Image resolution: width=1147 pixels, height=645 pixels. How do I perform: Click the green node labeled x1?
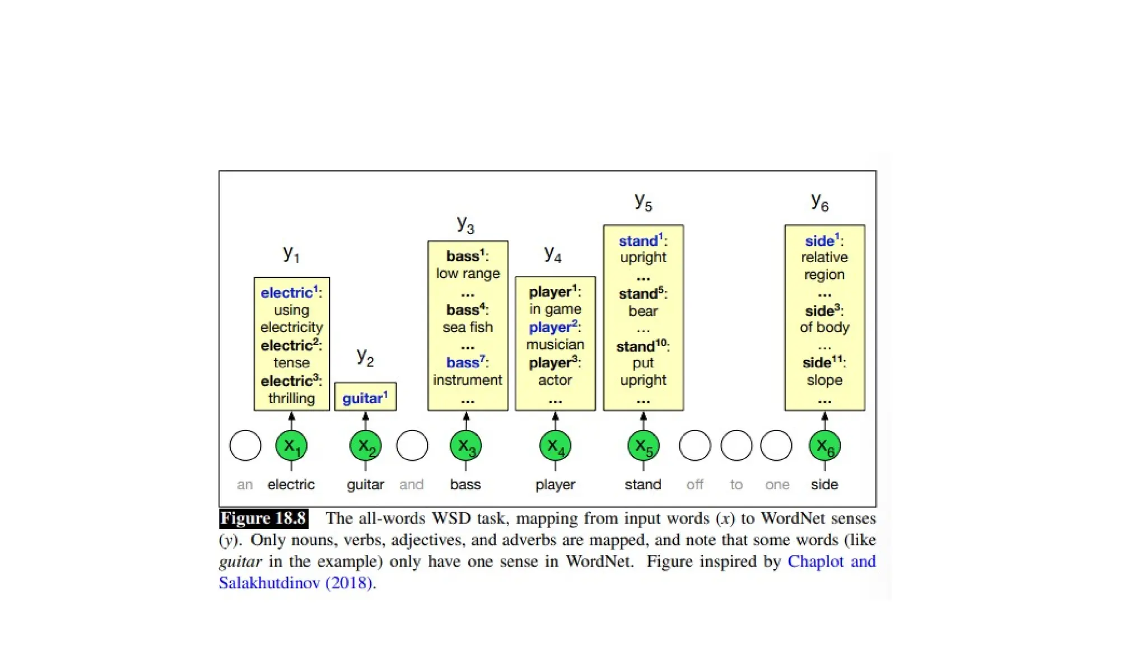coord(291,446)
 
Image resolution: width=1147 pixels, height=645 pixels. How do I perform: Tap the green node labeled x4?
coord(555,446)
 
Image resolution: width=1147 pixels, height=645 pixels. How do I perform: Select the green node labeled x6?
coord(824,446)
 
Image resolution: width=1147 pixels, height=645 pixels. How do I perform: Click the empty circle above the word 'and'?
coord(412,446)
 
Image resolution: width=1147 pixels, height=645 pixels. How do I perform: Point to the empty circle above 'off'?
coord(694,446)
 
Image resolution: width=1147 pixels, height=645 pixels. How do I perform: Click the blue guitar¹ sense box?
coord(365,398)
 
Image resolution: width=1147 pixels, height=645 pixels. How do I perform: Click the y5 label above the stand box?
coord(644,202)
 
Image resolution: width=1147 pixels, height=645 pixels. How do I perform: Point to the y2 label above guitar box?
coord(365,357)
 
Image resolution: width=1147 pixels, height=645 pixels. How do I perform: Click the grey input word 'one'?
coord(777,484)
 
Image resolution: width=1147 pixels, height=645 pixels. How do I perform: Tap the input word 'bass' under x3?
coord(465,484)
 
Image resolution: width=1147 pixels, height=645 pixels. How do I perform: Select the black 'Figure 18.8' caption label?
coord(263,518)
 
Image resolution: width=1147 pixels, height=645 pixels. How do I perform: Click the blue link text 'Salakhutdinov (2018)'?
coord(296,583)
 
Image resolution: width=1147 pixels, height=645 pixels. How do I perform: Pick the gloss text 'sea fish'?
coord(468,327)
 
